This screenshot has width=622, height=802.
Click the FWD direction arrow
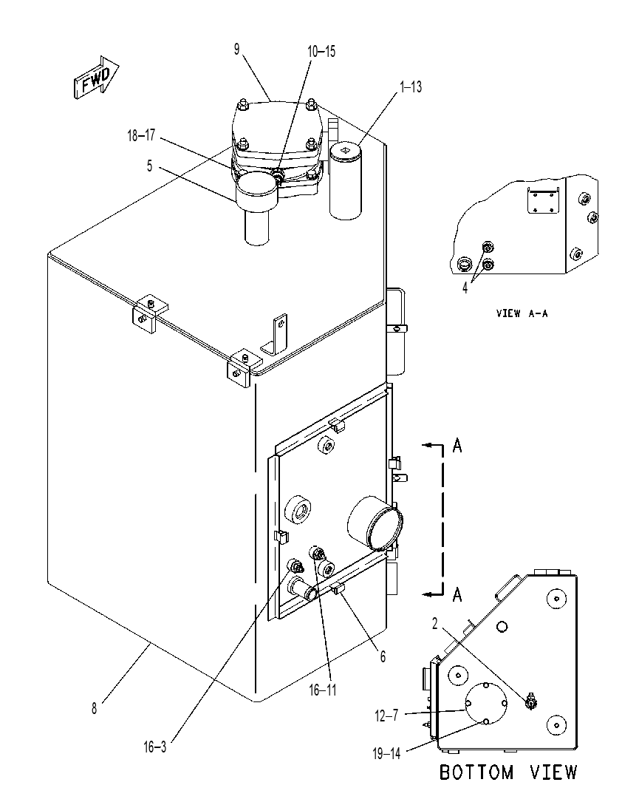tap(95, 78)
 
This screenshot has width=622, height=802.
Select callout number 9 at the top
tap(236, 50)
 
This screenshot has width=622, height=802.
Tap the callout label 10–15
tap(321, 51)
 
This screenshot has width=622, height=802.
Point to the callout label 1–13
tap(411, 87)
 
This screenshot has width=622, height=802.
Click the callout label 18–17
tap(141, 135)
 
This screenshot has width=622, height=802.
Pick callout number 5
tap(149, 166)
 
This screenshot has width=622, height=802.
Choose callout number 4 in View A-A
tap(465, 288)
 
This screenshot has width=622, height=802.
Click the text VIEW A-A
tap(522, 313)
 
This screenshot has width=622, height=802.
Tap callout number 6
tap(383, 656)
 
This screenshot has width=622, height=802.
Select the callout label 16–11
tap(323, 690)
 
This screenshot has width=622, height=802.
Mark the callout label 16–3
tap(154, 747)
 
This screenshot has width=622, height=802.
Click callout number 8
tap(94, 709)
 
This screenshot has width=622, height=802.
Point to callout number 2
tap(435, 624)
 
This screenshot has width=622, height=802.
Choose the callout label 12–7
tap(386, 716)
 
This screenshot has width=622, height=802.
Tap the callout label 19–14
tap(386, 753)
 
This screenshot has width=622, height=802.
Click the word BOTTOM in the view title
tap(476, 772)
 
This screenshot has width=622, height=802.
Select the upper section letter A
tap(457, 446)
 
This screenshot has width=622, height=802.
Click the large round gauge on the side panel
tap(375, 523)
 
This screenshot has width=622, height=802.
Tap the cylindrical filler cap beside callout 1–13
tap(346, 181)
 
